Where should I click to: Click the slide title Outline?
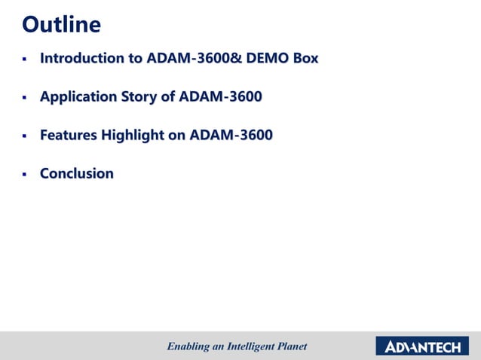[61, 25]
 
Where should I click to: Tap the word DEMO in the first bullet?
[271, 58]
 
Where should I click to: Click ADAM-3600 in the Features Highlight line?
[231, 136]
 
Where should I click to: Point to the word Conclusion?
[77, 174]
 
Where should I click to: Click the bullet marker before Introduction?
[24, 59]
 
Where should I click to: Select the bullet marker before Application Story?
[24, 97]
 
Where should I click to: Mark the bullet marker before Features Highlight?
[24, 136]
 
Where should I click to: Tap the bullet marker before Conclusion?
[24, 175]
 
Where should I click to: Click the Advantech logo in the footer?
[422, 346]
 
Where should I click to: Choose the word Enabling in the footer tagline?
[187, 346]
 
